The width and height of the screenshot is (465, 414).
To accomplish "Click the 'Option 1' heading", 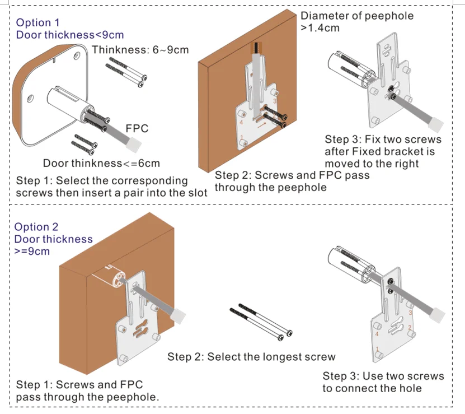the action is click(x=37, y=22).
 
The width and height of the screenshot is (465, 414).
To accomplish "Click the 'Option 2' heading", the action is click(x=36, y=227).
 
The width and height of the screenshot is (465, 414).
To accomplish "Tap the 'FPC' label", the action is click(x=137, y=128).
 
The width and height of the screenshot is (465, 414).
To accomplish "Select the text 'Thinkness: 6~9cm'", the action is click(x=140, y=50).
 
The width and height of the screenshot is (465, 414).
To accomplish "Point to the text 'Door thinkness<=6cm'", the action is click(x=101, y=163).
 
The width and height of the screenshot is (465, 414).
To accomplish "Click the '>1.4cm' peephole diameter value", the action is click(x=320, y=28).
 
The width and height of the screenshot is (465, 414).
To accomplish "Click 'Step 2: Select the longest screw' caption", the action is click(x=251, y=357).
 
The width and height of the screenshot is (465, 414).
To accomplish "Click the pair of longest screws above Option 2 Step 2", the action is click(x=261, y=322).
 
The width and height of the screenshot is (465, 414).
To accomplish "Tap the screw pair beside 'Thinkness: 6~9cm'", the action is click(x=126, y=72).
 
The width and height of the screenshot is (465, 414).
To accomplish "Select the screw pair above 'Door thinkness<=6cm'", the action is click(x=84, y=145).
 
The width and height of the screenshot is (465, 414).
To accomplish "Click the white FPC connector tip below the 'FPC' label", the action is click(x=134, y=145).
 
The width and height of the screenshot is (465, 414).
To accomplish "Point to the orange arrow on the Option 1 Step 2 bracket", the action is click(x=262, y=126).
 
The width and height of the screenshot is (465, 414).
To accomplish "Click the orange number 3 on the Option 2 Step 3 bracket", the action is click(x=410, y=313).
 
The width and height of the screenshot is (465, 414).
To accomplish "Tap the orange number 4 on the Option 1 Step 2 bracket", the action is click(x=241, y=122).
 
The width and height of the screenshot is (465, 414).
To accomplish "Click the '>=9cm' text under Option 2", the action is click(x=32, y=251).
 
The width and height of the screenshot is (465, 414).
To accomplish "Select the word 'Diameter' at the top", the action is click(x=325, y=16).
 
